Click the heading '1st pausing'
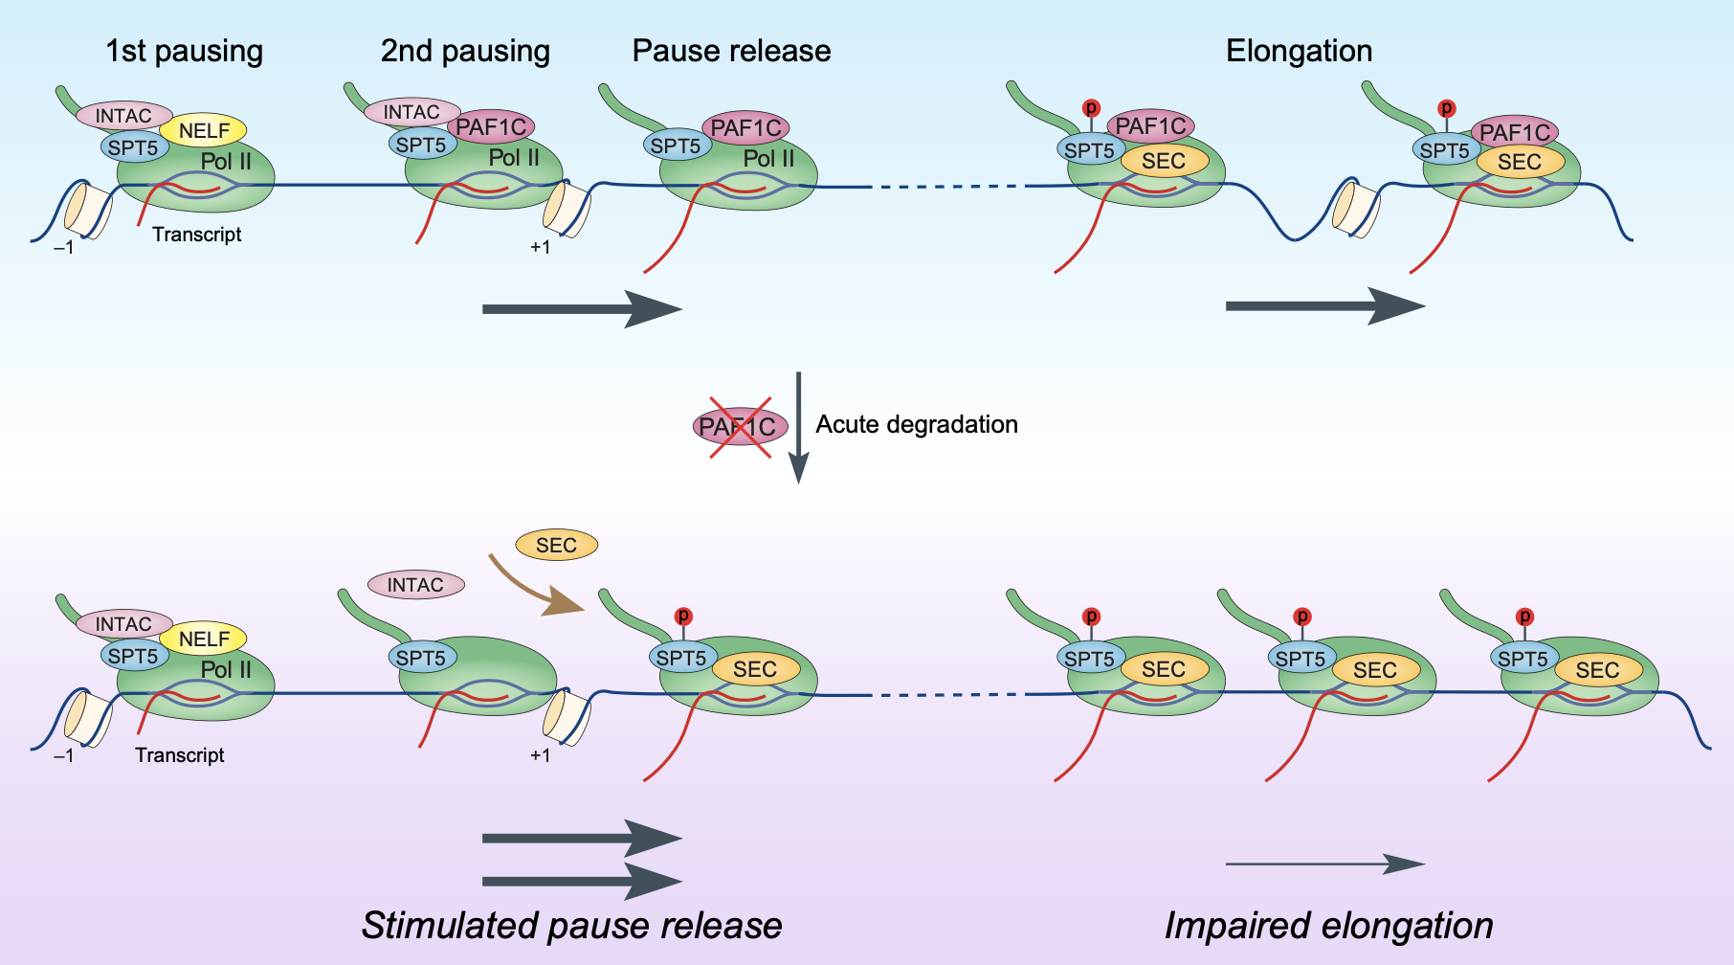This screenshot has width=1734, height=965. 184,51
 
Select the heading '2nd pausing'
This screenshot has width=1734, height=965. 465,51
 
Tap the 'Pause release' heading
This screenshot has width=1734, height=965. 731,51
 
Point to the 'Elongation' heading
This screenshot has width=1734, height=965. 1299,51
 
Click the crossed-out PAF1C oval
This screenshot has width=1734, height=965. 740,427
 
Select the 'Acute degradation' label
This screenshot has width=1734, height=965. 916,424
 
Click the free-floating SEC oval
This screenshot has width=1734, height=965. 556,546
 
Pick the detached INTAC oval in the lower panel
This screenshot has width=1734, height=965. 415,585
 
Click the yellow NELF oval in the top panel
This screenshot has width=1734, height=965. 204,130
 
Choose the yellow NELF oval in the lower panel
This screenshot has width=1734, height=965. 204,639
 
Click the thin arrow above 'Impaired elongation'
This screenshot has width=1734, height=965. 1324,864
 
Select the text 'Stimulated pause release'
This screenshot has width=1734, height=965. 571,926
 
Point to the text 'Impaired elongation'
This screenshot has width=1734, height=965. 1328,926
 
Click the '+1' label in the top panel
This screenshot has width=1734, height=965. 540,248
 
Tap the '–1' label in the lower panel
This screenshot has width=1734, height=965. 63,755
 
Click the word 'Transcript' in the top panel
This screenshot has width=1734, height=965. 196,235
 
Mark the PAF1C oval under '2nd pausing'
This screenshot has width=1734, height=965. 491,126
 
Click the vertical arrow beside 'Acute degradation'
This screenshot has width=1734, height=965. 798,427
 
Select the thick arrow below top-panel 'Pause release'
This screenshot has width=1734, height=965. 581,308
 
